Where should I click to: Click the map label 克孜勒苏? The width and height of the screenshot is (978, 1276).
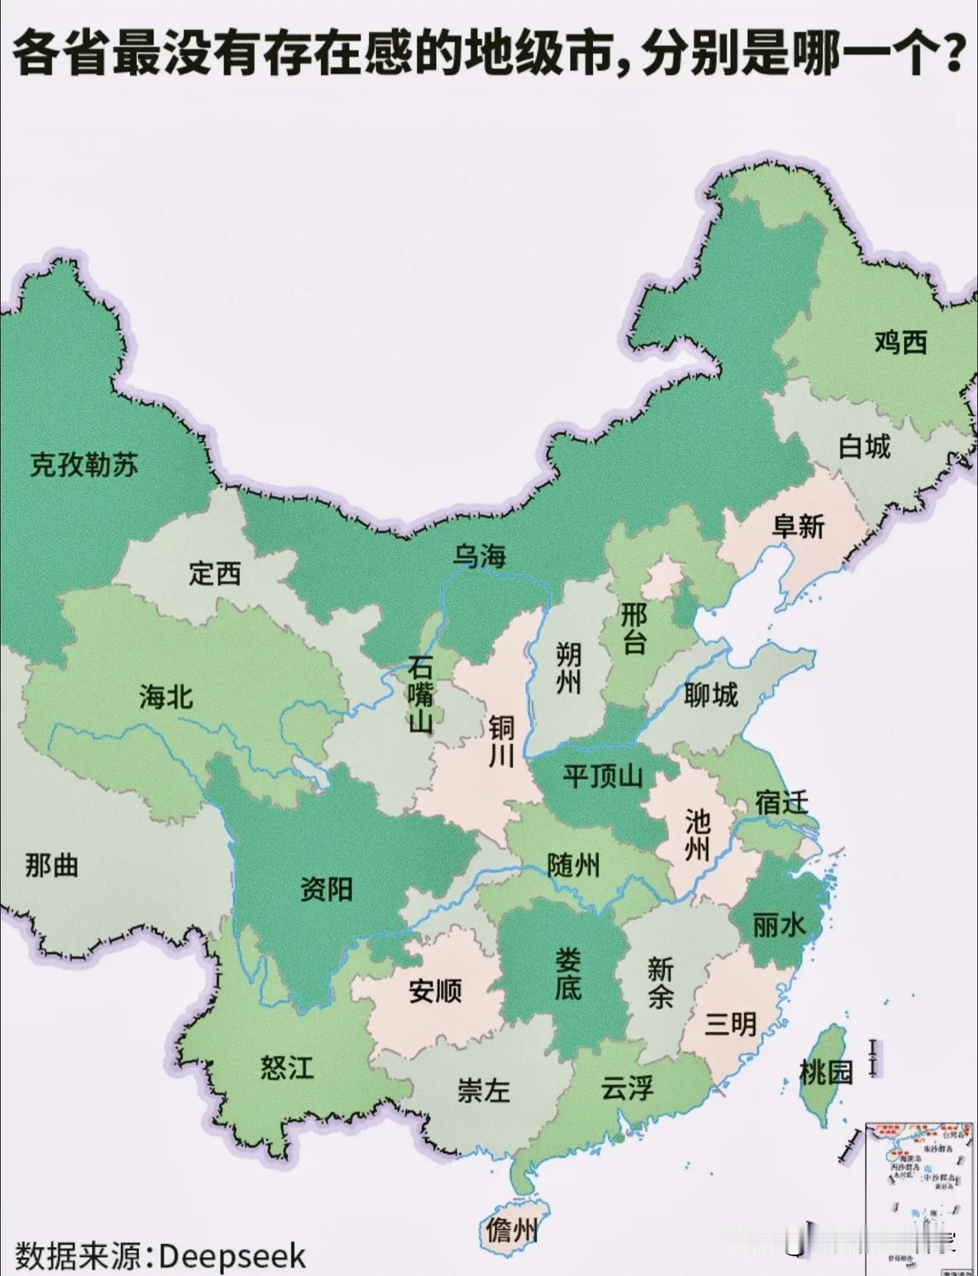(84, 465)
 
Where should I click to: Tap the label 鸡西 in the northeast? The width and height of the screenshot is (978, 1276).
(901, 342)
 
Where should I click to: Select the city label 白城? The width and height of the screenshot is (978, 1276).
(864, 446)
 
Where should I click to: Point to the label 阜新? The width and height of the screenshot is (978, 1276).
(799, 526)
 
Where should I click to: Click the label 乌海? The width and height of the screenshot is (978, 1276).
(479, 556)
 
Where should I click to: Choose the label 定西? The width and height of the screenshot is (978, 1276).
(215, 573)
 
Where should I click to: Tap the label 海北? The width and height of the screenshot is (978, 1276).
(166, 696)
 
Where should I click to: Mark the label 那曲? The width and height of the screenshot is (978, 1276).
(51, 865)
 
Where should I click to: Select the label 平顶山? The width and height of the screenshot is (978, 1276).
(602, 777)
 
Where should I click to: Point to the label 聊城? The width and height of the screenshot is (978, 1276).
(711, 695)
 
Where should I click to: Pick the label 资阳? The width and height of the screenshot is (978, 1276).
(326, 889)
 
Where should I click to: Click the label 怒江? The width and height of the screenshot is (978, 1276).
(287, 1067)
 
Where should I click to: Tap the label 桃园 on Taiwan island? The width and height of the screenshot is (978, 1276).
(826, 1073)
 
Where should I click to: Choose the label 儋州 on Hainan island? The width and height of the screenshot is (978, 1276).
(510, 1230)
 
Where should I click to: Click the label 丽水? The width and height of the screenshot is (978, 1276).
(779, 926)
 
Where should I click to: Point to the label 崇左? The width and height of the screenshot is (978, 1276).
(483, 1090)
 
